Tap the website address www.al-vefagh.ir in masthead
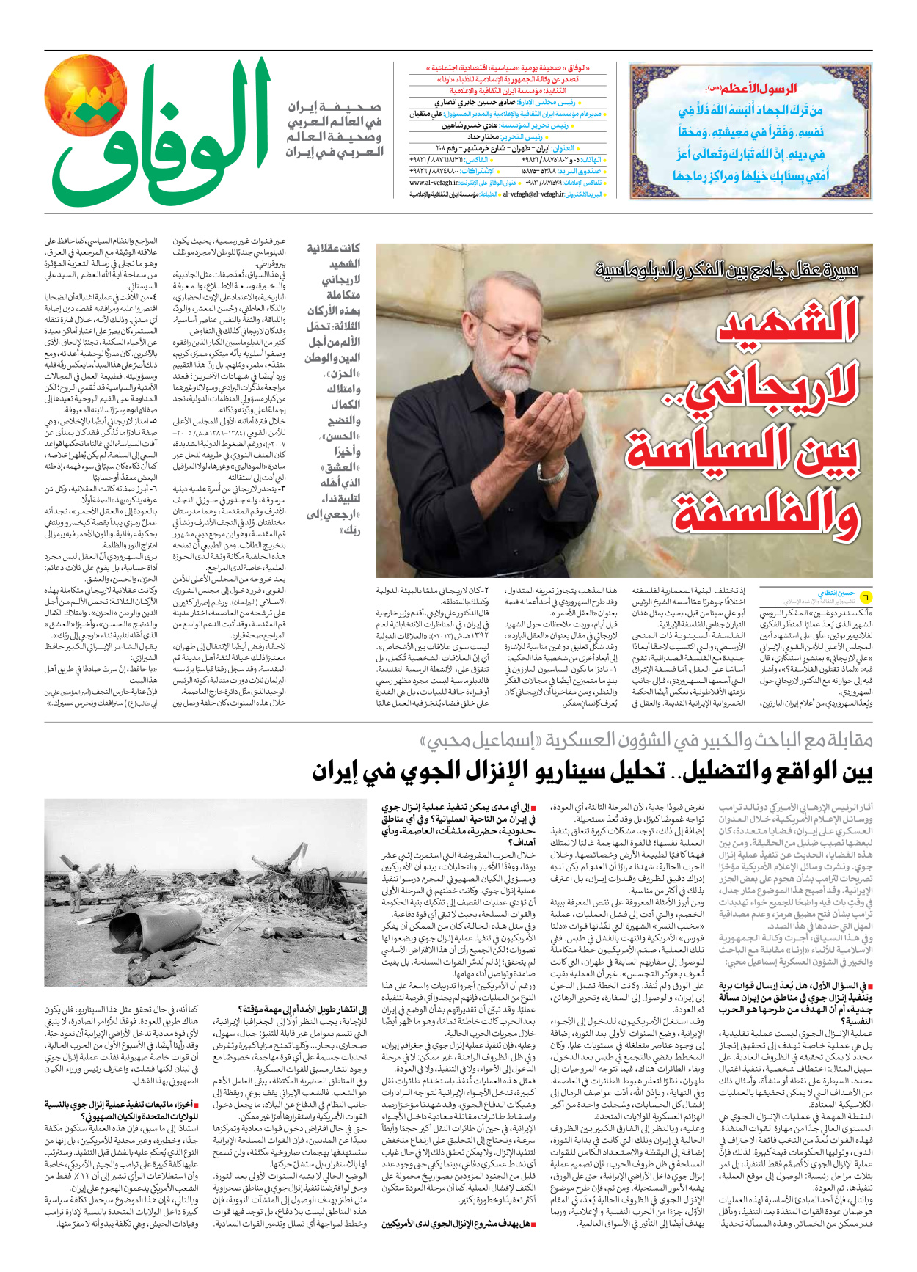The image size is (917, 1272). point(434,183)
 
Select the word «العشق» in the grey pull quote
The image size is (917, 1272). point(343,467)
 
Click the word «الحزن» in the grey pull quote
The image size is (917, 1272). point(343,373)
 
